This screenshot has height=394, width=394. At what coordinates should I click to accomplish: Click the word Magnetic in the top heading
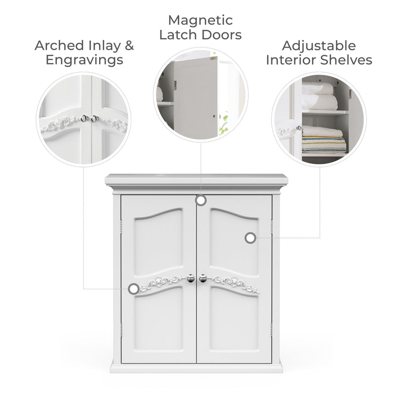pos(200,21)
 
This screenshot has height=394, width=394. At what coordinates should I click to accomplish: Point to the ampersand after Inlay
pos(129,45)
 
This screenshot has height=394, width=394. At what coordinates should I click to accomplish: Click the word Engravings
pos(84,60)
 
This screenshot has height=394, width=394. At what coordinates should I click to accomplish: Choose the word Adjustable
pos(319,46)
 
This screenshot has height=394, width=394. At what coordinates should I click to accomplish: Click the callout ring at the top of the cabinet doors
pos(200,200)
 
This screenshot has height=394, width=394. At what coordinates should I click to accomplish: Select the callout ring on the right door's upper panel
pos(250,237)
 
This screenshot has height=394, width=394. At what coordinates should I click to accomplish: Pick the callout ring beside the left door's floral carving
pos(134,288)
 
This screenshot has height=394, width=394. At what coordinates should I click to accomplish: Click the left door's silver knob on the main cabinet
pos(191,278)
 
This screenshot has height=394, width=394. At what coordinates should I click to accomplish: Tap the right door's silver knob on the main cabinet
pos(202,278)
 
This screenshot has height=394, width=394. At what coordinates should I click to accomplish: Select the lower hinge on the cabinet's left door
pos(121,330)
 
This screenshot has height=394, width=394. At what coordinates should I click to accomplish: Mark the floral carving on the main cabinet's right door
pos(234,284)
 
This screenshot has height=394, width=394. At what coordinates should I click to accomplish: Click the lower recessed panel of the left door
pos(158,318)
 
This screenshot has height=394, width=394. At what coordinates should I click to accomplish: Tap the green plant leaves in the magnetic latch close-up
pos(223,123)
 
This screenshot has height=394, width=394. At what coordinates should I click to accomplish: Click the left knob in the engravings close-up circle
pos(84,119)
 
